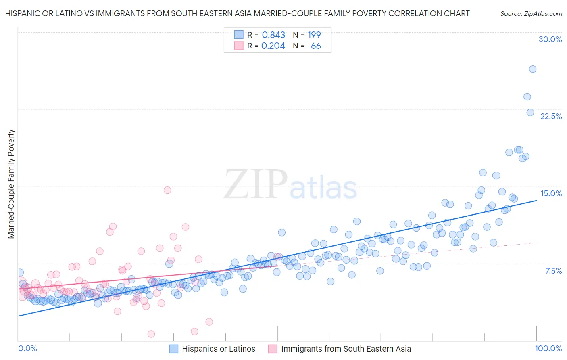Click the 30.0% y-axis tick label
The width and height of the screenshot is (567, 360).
(x=550, y=39)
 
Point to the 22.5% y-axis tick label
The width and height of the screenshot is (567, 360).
(x=551, y=116)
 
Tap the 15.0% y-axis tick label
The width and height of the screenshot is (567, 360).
(x=551, y=193)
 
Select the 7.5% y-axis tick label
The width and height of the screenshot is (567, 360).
(x=553, y=271)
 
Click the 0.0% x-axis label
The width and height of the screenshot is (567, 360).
(x=27, y=348)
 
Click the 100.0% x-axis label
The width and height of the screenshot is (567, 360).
(x=548, y=348)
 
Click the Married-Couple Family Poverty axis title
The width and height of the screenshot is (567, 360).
(x=11, y=184)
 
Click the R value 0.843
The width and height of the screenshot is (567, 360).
(x=273, y=35)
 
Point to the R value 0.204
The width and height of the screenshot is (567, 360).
(x=273, y=46)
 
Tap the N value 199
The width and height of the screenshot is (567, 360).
(x=314, y=35)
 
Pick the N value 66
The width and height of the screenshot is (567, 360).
(x=316, y=46)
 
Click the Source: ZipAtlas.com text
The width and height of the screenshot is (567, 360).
(x=531, y=13)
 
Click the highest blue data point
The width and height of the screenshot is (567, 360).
(x=532, y=69)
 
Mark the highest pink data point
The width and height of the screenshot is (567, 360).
(x=167, y=190)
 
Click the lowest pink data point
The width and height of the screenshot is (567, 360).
(x=151, y=334)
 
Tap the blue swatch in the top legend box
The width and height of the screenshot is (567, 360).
(x=239, y=35)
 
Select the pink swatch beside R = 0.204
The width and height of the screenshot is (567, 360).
(x=239, y=46)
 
